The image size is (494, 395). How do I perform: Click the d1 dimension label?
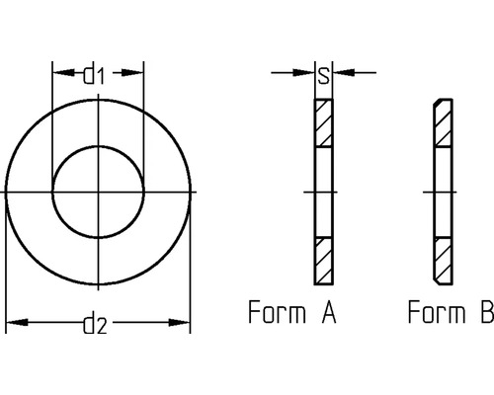coord(96,73)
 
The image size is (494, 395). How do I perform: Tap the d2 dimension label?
coord(95,323)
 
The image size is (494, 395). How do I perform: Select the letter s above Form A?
coord(324,72)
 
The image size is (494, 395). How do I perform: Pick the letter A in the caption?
coord(329,314)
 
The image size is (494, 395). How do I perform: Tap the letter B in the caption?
coord(485,314)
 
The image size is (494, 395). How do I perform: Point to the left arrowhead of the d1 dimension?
coord(58,73)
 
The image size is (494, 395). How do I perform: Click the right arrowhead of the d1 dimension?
coord(137,73)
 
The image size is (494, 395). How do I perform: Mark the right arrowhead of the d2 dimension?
coord(183,322)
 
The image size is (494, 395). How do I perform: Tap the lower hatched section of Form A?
coord(324,259)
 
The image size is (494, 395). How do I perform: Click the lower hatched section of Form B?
coord(443,259)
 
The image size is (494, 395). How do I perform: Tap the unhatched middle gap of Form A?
coord(324,191)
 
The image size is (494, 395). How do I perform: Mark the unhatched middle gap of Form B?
coord(443,191)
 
